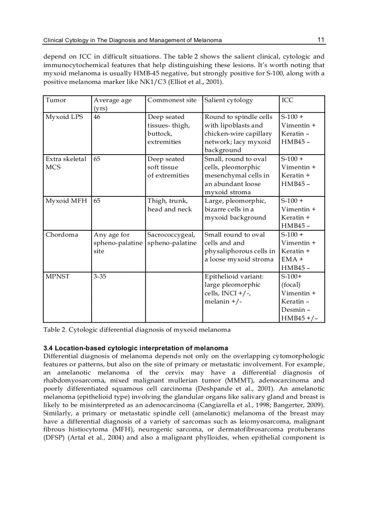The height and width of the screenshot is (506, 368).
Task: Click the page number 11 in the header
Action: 321,40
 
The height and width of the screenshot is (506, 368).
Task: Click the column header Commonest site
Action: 172,100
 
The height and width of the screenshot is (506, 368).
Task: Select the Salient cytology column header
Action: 229,100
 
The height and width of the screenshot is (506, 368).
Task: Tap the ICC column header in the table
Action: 287,100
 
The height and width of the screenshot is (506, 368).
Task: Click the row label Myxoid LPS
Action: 64,117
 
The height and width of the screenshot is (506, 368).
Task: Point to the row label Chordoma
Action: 62,235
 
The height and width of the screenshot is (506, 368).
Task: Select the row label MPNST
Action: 57,277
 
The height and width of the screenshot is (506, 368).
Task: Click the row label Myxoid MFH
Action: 67,201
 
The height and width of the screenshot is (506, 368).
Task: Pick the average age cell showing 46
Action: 97,117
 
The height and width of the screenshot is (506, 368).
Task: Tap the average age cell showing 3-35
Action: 100,277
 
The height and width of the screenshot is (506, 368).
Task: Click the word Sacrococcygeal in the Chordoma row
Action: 171,235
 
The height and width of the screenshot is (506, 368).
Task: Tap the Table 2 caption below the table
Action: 137,329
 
